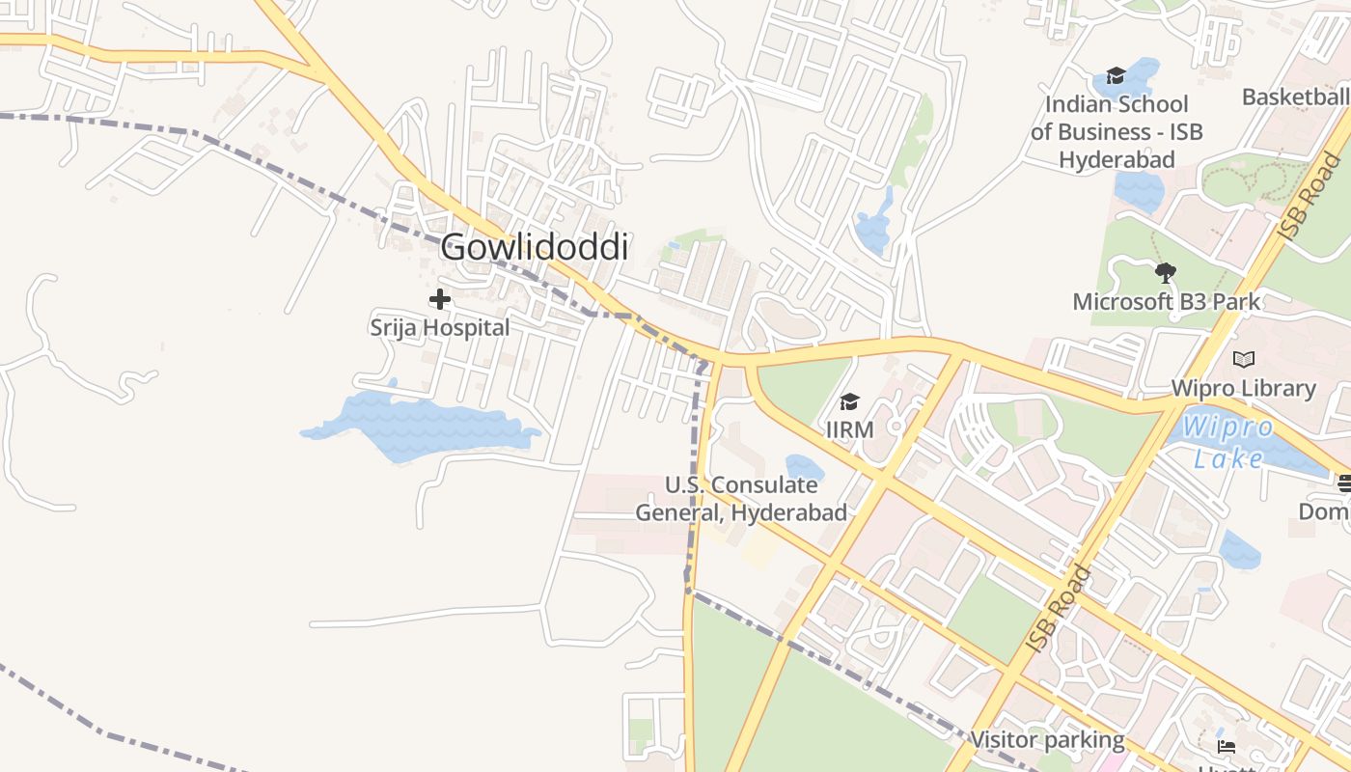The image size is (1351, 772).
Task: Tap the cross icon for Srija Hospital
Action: [440, 299]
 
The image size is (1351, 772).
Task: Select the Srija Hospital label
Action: [440, 328]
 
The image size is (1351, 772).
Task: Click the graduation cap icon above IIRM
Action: [849, 401]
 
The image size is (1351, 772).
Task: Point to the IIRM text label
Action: [849, 427]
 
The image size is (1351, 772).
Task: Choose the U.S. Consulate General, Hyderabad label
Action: [741, 499]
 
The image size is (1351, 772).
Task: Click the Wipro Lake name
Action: [1227, 442]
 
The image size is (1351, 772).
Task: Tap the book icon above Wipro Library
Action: [1244, 360]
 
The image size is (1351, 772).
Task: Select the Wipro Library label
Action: [1244, 388]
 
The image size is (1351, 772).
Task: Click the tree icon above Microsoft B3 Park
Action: [1166, 273]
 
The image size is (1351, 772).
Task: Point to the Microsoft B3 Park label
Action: [1167, 302]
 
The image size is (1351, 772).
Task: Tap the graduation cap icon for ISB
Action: [1117, 76]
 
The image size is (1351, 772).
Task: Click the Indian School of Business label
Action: [1117, 132]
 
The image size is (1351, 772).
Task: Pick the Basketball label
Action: [1295, 97]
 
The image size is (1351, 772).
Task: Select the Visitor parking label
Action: [1047, 740]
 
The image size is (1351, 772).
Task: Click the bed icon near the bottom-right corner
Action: [1227, 746]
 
